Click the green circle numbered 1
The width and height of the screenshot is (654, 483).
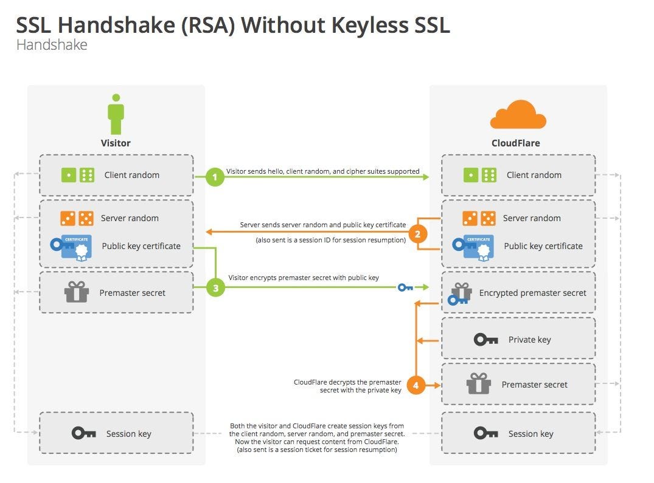pyautogui.click(x=215, y=177)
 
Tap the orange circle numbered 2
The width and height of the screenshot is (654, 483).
pyautogui.click(x=417, y=234)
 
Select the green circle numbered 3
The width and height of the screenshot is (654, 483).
pyautogui.click(x=215, y=287)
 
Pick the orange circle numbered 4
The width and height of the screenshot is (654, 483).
pyautogui.click(x=416, y=385)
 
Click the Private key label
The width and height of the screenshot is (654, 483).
pyautogui.click(x=529, y=340)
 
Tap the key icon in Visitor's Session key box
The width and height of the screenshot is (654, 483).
pyautogui.click(x=83, y=433)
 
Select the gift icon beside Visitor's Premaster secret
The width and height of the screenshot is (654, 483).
pyautogui.click(x=77, y=292)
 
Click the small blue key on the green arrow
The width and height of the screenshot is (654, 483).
pyautogui.click(x=405, y=287)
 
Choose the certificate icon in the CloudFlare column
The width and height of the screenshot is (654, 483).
pyautogui.click(x=471, y=246)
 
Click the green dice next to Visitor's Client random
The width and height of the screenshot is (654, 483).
pyautogui.click(x=77, y=175)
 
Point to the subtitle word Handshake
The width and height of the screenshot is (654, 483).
pyautogui.click(x=52, y=45)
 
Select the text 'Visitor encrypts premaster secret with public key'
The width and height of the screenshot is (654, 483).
pyautogui.click(x=304, y=278)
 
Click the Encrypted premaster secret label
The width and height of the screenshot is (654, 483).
pyautogui.click(x=532, y=293)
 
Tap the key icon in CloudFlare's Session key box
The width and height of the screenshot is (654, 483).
pyautogui.click(x=485, y=433)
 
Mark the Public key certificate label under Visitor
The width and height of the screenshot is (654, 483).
pyautogui.click(x=141, y=246)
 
